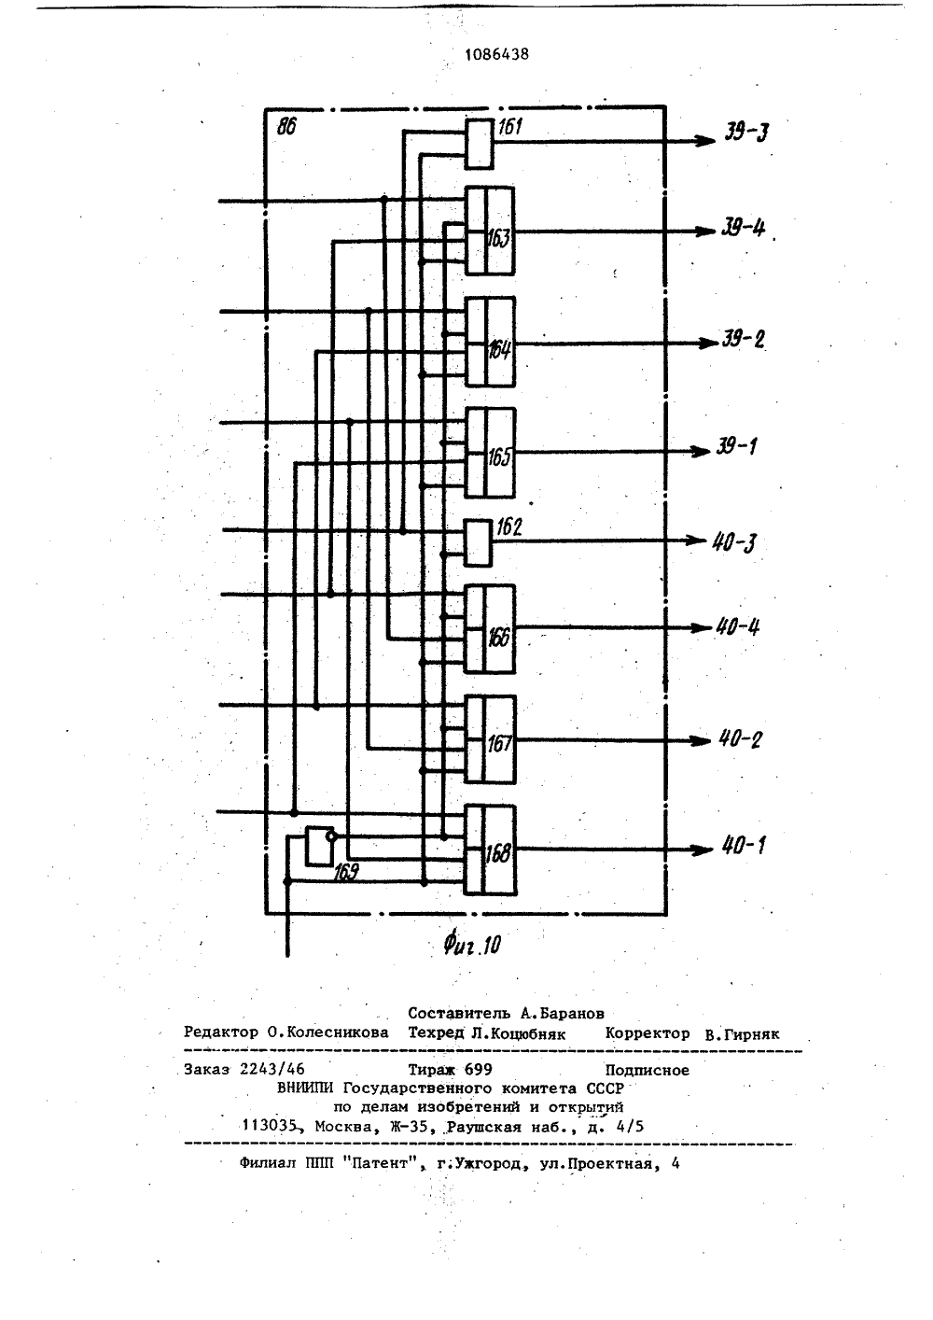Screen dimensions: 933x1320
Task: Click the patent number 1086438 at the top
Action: tap(497, 54)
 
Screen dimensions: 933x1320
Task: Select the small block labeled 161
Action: tap(479, 144)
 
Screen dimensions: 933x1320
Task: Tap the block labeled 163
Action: tap(490, 231)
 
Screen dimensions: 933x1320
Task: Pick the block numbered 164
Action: tap(490, 342)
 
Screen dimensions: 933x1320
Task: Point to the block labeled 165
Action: tap(490, 453)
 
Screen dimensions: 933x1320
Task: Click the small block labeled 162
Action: tap(478, 542)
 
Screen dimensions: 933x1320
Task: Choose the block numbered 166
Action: tap(490, 629)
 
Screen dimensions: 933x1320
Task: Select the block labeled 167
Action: tap(490, 739)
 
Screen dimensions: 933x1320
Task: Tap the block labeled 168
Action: tap(490, 850)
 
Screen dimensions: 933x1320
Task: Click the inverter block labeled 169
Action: tap(319, 846)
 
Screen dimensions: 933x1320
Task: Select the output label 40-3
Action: tap(734, 542)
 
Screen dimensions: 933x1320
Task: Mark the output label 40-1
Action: tap(744, 846)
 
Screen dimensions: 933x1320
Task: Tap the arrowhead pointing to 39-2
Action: tap(706, 343)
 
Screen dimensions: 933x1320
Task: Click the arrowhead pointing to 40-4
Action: tap(701, 628)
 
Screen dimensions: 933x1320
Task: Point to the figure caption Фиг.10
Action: tap(472, 946)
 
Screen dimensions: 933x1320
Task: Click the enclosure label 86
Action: tap(286, 126)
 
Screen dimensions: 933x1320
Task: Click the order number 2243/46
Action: tap(272, 1069)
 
